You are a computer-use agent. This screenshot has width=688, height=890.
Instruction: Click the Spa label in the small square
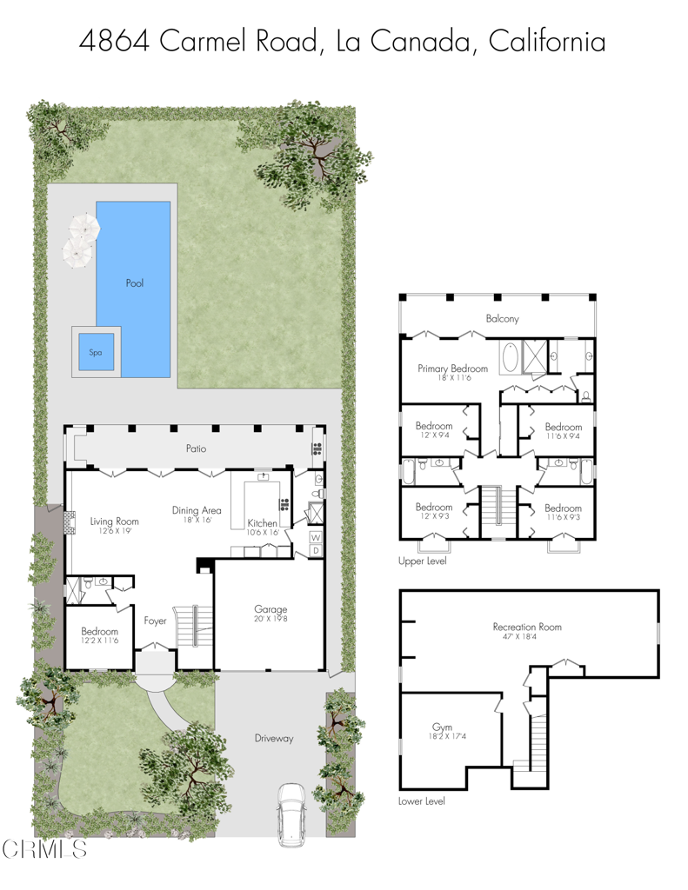96,352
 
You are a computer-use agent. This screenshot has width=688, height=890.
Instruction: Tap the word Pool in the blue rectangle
134,283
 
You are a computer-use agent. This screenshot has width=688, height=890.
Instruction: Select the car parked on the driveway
291,814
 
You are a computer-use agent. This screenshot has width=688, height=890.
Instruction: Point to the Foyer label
156,621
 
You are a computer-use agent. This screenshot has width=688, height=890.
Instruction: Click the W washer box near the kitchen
316,538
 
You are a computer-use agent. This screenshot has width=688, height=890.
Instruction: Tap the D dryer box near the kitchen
316,550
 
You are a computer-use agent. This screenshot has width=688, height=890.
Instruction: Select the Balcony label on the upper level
502,319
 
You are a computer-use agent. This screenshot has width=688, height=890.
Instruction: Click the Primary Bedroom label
452,369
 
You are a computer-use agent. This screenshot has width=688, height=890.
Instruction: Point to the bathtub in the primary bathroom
509,357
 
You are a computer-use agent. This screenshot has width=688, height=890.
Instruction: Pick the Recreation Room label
527,627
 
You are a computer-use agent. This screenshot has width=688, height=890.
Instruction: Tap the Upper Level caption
423,561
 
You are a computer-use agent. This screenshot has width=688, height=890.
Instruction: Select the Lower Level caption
422,801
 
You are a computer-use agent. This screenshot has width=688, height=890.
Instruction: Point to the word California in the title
547,41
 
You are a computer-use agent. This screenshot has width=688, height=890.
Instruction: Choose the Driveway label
274,739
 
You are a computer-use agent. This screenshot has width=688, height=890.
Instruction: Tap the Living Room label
115,521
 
